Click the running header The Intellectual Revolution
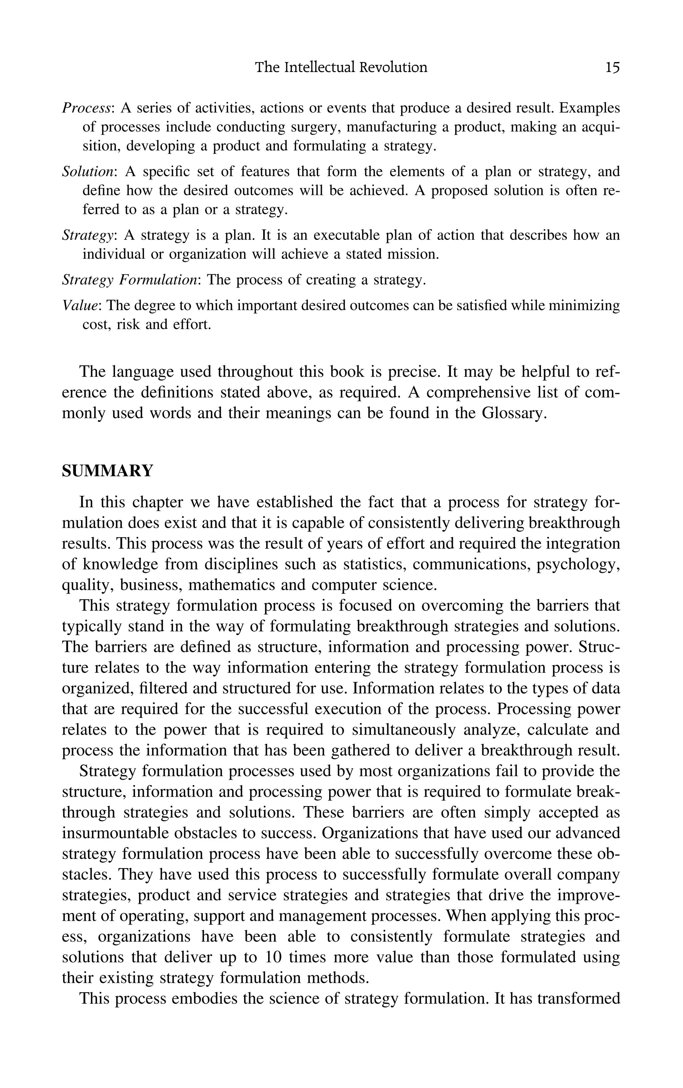coord(341,68)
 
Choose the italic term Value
coord(80,306)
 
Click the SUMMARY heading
coord(107,471)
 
